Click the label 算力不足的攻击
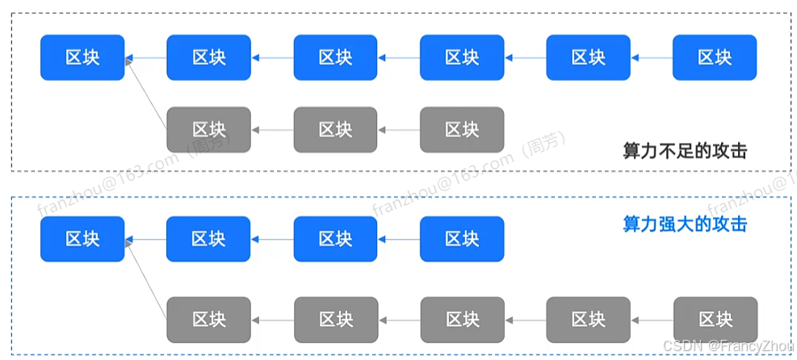click(685, 151)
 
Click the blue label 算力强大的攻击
click(685, 224)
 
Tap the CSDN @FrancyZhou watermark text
click(728, 345)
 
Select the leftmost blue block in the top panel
click(82, 57)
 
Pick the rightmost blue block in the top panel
click(715, 57)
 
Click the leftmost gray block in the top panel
click(209, 129)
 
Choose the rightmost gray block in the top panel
click(462, 129)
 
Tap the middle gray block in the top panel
click(335, 129)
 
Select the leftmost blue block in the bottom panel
click(82, 239)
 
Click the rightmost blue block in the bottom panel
click(462, 239)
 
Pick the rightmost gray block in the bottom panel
click(715, 319)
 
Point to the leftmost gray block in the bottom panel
click(209, 319)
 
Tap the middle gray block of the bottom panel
click(462, 319)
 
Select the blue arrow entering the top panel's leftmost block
click(146, 57)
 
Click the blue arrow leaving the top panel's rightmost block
click(652, 57)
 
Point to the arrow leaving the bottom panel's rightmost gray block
click(652, 319)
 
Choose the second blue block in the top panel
click(209, 57)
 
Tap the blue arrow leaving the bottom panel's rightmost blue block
click(399, 239)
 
